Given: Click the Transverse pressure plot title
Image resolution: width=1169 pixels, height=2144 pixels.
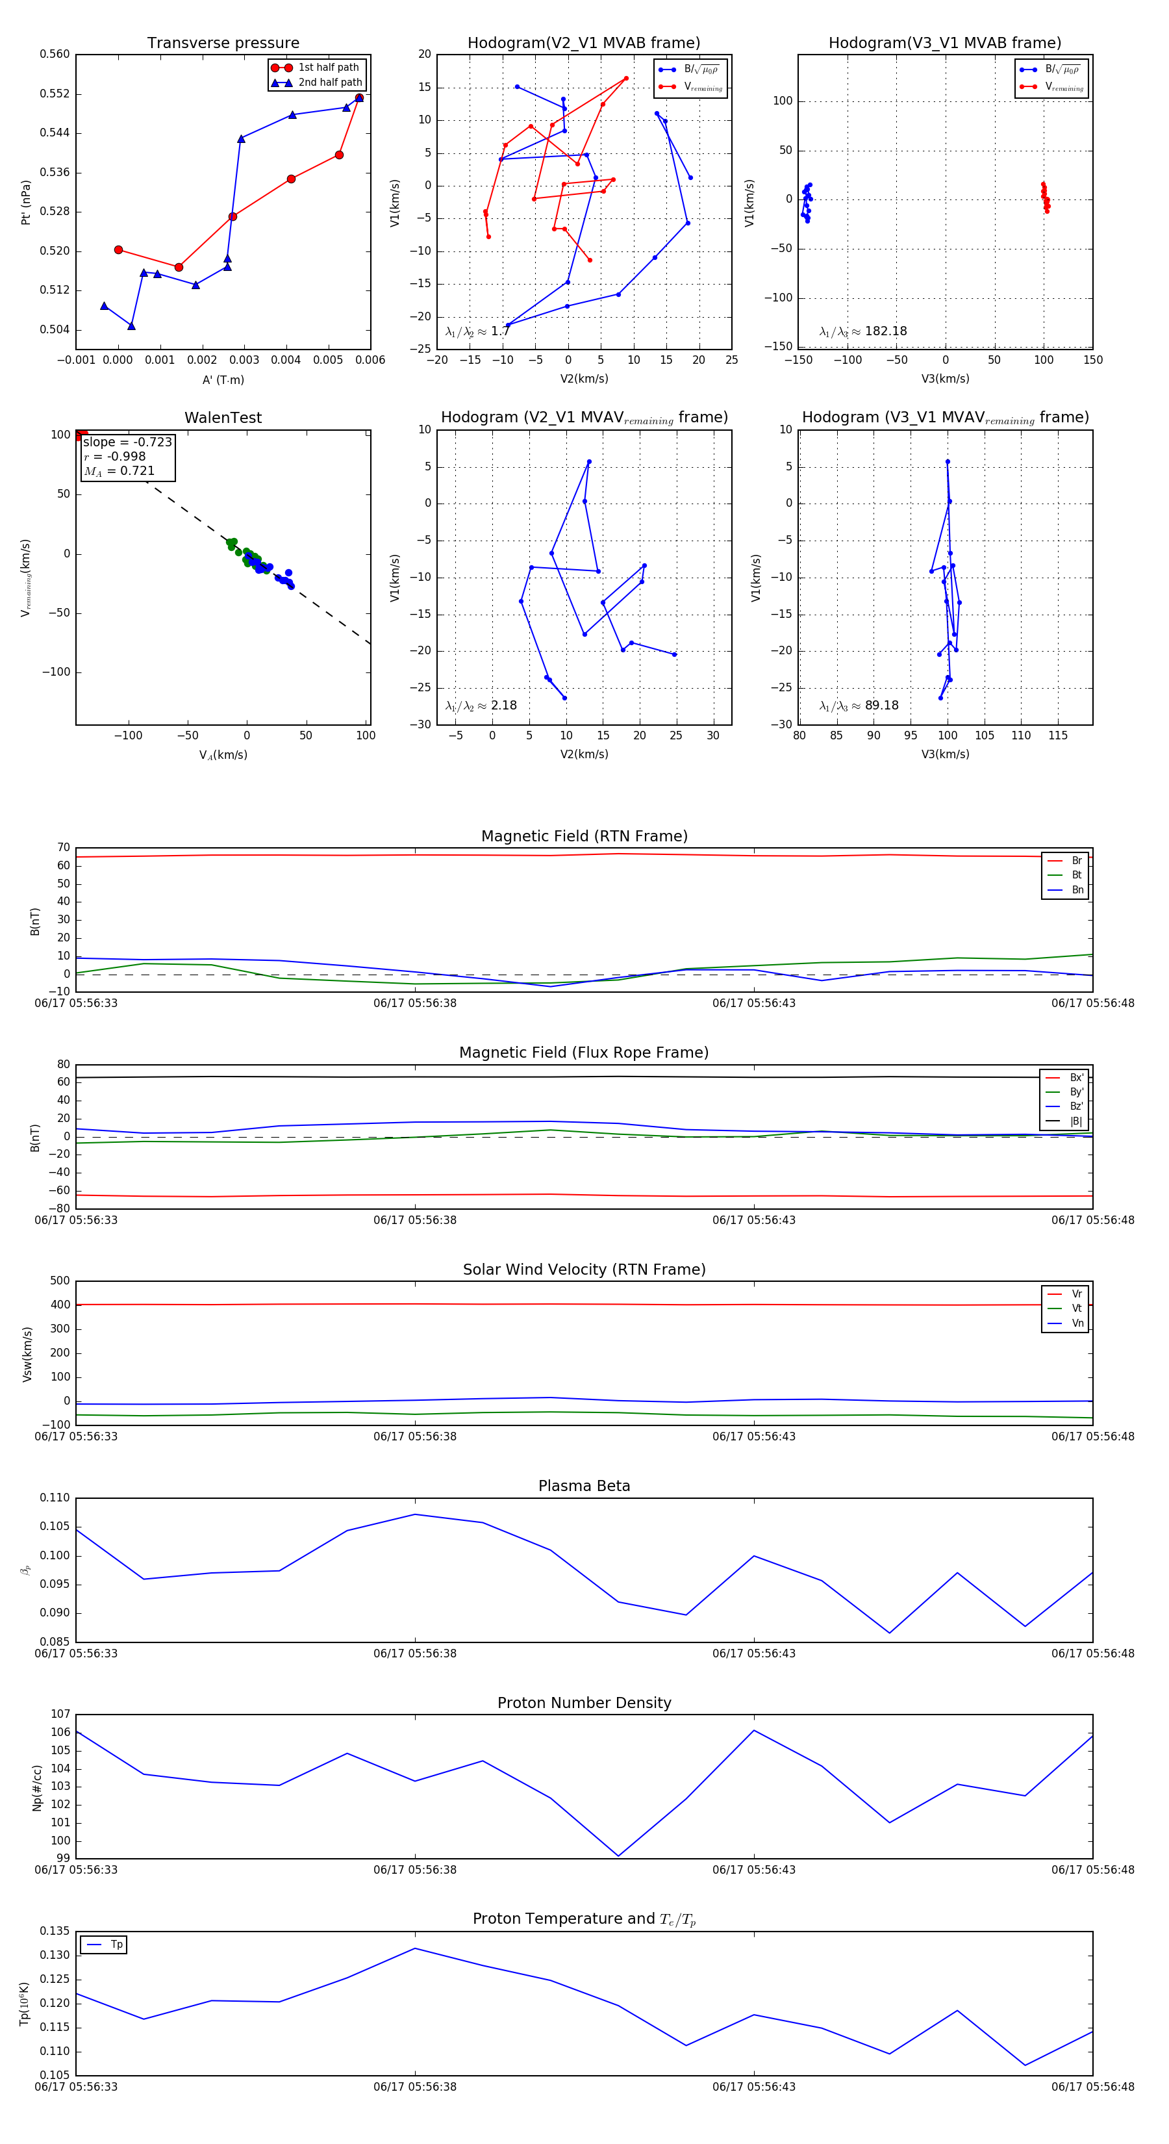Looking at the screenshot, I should click(223, 44).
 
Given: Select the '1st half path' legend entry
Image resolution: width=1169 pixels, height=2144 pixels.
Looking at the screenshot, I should click(328, 68).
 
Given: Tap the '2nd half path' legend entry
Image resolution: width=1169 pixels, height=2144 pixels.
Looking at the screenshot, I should click(329, 83).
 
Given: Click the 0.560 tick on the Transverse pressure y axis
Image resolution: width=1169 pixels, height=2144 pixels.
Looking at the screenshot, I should click(55, 54).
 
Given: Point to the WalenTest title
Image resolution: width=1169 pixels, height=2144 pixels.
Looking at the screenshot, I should click(223, 418).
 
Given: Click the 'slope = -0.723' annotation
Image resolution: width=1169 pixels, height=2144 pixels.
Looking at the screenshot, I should click(127, 442).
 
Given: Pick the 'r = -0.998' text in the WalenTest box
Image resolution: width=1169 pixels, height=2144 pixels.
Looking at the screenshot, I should click(115, 456).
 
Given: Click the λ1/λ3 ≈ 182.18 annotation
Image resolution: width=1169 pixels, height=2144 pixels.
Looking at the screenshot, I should click(863, 331).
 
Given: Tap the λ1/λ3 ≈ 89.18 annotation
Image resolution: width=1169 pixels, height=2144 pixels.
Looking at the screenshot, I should click(859, 706).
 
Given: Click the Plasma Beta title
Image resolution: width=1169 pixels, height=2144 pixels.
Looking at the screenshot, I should click(584, 1487).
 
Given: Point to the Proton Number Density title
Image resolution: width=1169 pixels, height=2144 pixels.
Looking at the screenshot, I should click(584, 1703).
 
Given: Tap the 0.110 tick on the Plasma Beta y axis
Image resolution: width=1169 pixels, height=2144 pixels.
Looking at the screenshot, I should click(55, 1498).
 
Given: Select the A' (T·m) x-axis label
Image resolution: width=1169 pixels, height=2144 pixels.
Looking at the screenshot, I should click(223, 379).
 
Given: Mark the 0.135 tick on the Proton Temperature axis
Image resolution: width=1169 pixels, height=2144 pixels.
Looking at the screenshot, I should click(55, 1931).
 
